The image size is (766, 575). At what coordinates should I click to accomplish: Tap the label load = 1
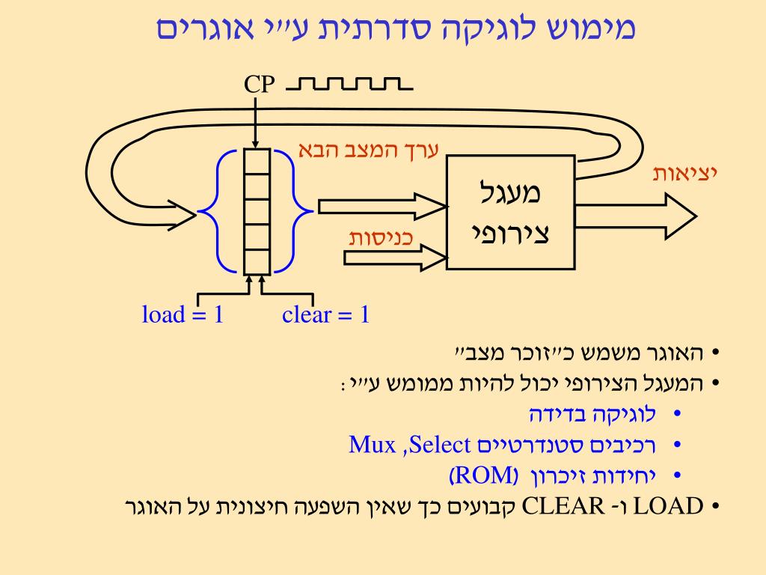tap(183, 314)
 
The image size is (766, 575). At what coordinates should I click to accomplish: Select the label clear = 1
tap(326, 314)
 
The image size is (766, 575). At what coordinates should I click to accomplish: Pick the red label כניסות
tap(382, 238)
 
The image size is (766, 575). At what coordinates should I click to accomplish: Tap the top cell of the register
tap(256, 161)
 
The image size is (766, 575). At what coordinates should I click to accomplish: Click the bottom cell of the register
tap(256, 261)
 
